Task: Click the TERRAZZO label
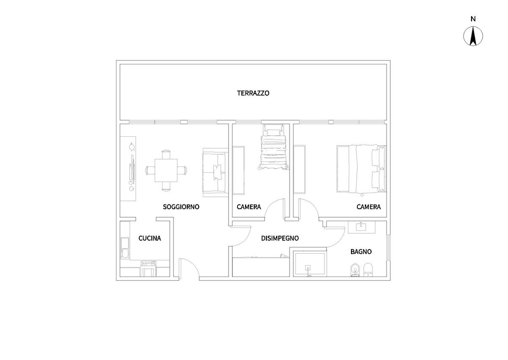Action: [253, 93]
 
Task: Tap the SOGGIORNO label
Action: [181, 207]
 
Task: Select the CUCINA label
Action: [150, 238]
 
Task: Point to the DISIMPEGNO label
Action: [280, 238]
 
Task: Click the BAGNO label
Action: [361, 252]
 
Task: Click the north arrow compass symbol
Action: [473, 36]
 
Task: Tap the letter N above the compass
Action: [473, 19]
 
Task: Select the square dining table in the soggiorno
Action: [166, 170]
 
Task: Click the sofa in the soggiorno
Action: [215, 172]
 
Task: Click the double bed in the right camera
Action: [361, 169]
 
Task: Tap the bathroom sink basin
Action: [361, 227]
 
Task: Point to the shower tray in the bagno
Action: [310, 263]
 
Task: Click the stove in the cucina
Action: [149, 269]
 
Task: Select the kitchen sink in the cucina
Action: [125, 248]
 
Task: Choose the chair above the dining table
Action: [166, 154]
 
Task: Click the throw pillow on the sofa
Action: [218, 172]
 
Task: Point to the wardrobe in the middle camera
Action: [239, 170]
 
